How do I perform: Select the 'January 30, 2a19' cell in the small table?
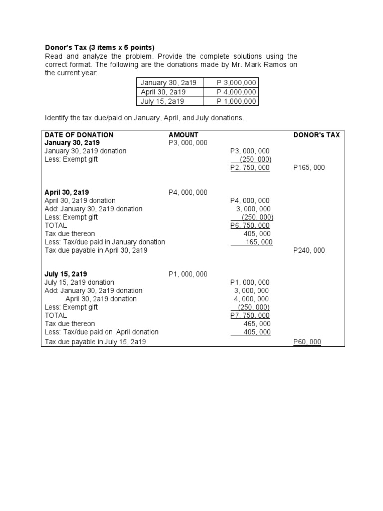(x=169, y=83)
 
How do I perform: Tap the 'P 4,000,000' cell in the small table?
(x=236, y=92)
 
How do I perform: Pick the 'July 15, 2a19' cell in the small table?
(x=162, y=101)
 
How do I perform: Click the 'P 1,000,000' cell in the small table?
(x=236, y=101)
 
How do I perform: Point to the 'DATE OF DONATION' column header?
(x=79, y=135)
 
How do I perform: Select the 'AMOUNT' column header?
(x=184, y=135)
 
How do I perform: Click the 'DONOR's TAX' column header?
(x=316, y=135)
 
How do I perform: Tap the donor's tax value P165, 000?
(x=309, y=168)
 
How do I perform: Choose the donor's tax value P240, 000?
(x=309, y=250)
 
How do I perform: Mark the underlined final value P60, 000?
(x=307, y=342)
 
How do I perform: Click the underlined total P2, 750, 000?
(x=250, y=168)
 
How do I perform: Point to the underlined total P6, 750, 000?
(x=250, y=226)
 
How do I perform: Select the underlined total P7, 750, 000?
(x=250, y=316)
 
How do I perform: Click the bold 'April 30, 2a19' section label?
(x=67, y=192)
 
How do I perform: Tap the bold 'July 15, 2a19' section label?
(x=66, y=274)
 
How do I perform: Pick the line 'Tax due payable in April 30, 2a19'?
(x=96, y=250)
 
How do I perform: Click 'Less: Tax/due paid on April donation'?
(x=101, y=332)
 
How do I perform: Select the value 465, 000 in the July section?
(x=257, y=324)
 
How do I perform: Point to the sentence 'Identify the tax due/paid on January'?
(x=145, y=118)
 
